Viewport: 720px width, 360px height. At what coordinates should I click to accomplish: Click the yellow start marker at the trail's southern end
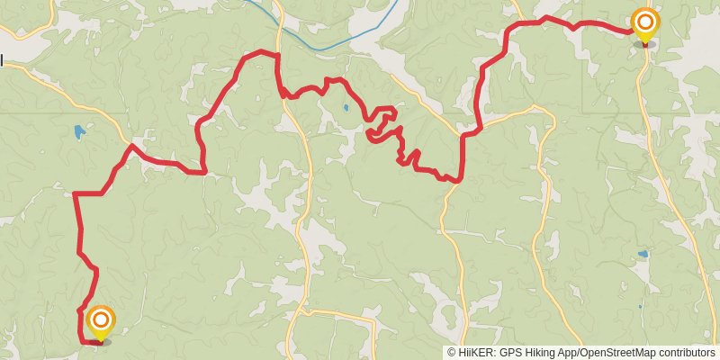(101, 320)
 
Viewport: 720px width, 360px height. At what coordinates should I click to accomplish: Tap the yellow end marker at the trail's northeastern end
(644, 22)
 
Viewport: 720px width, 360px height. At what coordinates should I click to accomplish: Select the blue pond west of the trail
(79, 131)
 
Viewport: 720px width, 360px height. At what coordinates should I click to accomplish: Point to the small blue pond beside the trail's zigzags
(346, 109)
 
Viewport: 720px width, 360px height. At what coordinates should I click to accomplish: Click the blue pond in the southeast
(642, 255)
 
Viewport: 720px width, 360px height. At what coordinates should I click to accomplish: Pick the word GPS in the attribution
(510, 353)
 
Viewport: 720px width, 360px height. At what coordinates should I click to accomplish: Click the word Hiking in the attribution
(543, 353)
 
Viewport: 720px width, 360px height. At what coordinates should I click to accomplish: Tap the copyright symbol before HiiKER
(452, 353)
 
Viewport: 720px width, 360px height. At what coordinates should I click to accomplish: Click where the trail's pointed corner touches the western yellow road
(132, 145)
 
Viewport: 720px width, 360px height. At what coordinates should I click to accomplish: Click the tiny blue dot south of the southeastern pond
(640, 307)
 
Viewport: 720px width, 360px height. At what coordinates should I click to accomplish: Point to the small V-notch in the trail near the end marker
(573, 27)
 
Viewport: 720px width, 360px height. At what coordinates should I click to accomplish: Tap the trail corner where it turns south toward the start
(76, 194)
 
